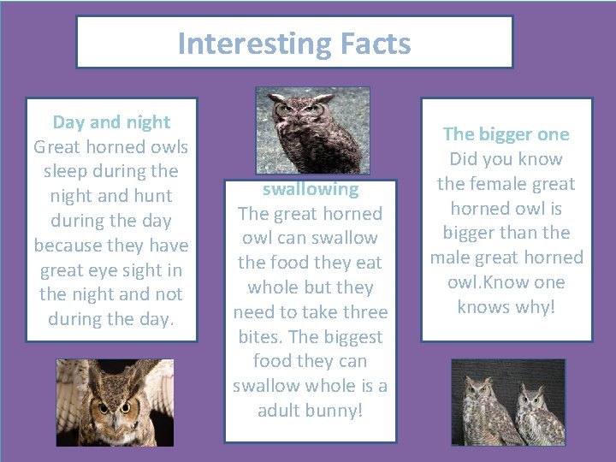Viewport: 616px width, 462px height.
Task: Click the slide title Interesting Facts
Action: (x=294, y=43)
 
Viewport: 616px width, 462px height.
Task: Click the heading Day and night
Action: (x=111, y=122)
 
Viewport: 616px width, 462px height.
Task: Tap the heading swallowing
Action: (x=310, y=189)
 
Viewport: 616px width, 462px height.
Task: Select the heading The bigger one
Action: (x=506, y=134)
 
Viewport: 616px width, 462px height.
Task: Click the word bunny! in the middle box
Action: (x=335, y=411)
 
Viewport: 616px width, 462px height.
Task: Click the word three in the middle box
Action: (x=361, y=312)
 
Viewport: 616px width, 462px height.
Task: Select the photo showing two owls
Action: (x=508, y=402)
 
